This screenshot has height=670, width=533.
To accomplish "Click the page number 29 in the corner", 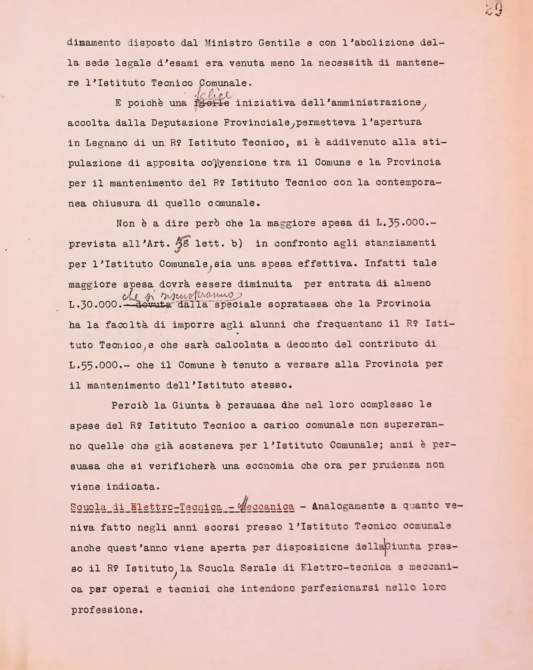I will (x=494, y=10).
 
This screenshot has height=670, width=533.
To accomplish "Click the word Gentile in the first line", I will (x=279, y=43).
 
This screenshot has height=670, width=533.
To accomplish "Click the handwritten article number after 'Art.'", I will (x=182, y=244).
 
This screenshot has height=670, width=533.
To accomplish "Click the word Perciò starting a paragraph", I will (x=129, y=405).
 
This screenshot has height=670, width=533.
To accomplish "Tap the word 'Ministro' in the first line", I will (x=228, y=43).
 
